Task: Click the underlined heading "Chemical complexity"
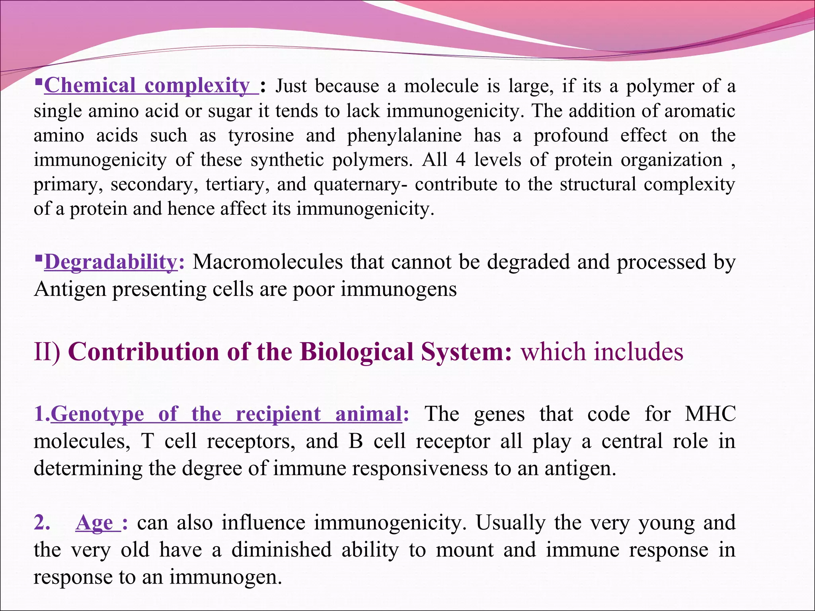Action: pyautogui.click(x=147, y=86)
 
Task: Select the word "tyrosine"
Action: pyautogui.click(x=261, y=135)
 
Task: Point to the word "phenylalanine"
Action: pyautogui.click(x=404, y=135)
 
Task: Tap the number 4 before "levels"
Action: pyautogui.click(x=460, y=160)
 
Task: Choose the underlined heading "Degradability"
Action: pyautogui.click(x=111, y=262)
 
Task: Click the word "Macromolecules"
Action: pyautogui.click(x=267, y=262)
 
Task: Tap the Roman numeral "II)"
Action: pyautogui.click(x=47, y=352)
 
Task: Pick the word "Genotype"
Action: pyautogui.click(x=97, y=414)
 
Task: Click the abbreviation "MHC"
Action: pyautogui.click(x=710, y=414)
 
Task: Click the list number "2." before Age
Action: pyautogui.click(x=42, y=523)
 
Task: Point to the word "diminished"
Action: pyautogui.click(x=281, y=550)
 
